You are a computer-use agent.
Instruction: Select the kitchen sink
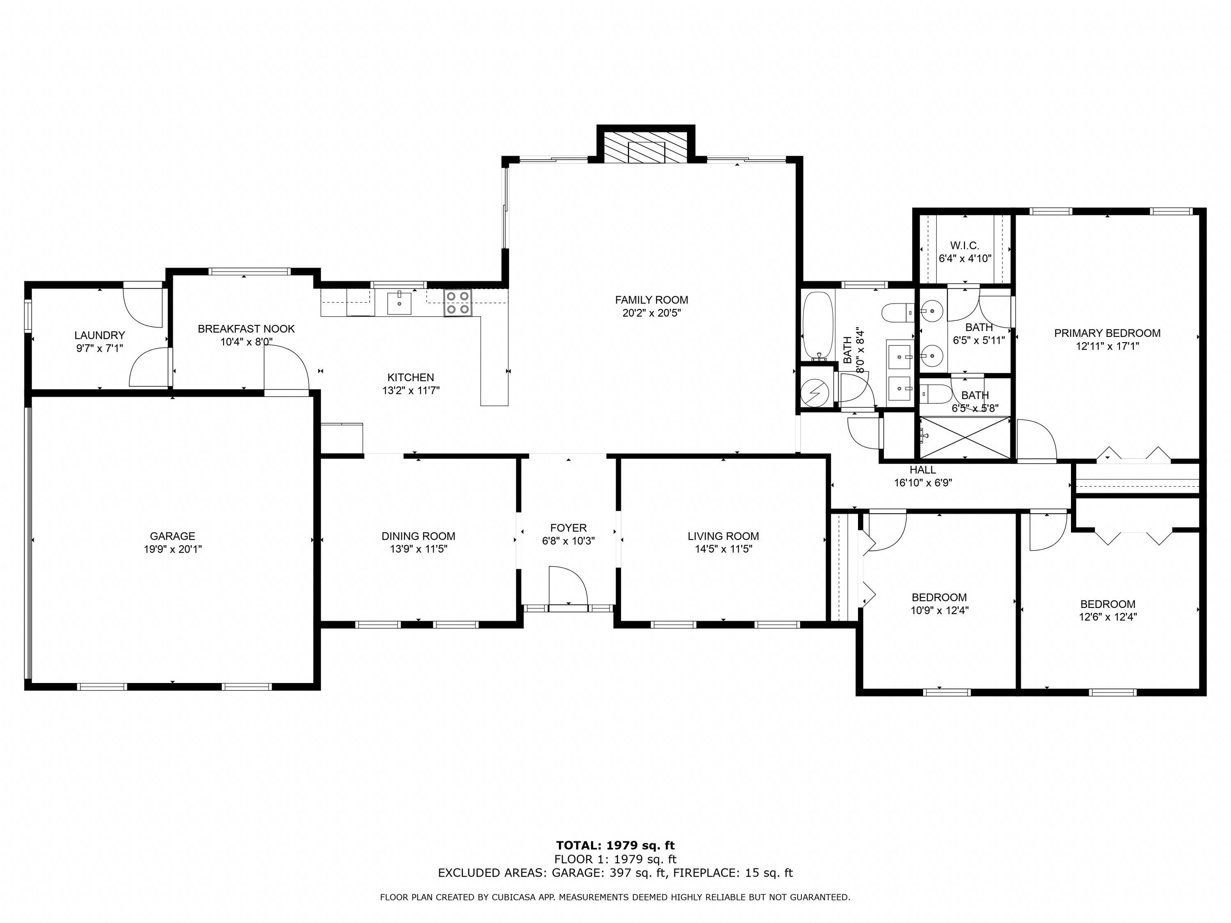click(x=399, y=303)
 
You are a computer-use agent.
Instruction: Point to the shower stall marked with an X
click(x=964, y=438)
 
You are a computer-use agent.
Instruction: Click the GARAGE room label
click(x=172, y=536)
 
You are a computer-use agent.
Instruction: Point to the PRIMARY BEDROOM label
click(x=1107, y=333)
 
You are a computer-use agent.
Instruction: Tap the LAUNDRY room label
click(x=100, y=335)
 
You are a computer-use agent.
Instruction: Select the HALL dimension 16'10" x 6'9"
click(x=923, y=483)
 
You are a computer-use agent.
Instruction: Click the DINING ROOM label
click(x=418, y=536)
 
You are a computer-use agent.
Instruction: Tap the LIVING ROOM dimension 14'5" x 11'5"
click(x=723, y=549)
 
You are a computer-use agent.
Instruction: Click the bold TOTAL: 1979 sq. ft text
click(x=615, y=845)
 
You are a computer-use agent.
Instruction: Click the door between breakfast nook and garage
click(x=286, y=368)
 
